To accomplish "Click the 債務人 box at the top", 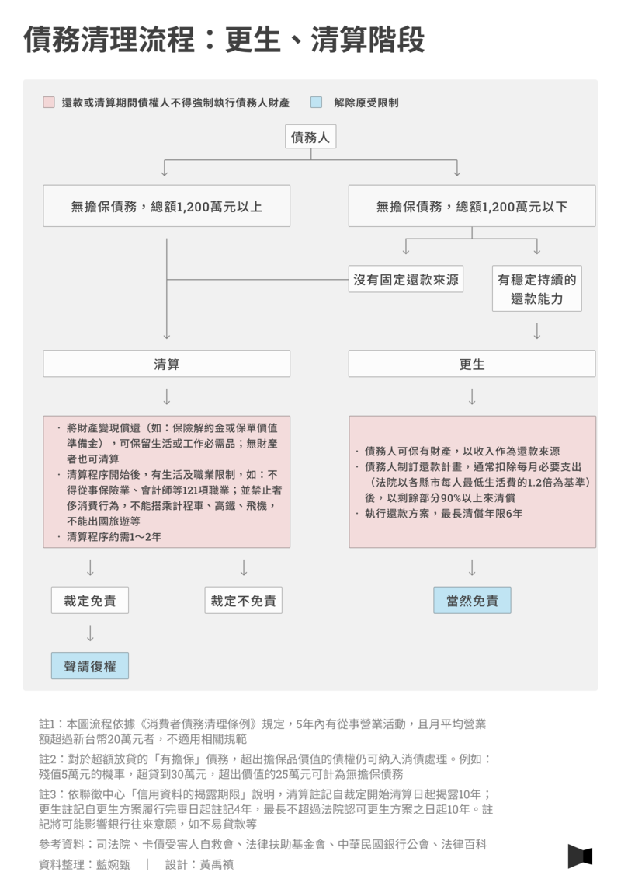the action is click(x=310, y=137).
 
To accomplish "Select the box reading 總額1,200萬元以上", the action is click(x=167, y=206).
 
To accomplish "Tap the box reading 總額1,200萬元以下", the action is click(x=472, y=206).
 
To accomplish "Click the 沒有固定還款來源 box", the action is click(x=406, y=279).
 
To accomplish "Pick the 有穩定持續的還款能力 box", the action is click(x=537, y=289).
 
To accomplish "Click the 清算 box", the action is click(x=167, y=364).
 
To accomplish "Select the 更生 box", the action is click(x=472, y=364).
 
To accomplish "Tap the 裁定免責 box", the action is click(x=90, y=600).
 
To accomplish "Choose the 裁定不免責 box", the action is click(x=243, y=600).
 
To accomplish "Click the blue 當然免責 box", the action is click(x=472, y=600).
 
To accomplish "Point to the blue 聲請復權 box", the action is click(x=90, y=665).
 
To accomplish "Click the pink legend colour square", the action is click(x=49, y=103).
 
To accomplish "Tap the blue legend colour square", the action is click(x=316, y=103).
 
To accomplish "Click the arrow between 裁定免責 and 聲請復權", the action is click(x=90, y=633).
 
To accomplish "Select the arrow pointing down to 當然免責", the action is click(x=472, y=567).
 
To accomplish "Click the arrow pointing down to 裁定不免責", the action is click(x=244, y=567).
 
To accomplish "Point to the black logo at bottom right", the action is click(x=580, y=856).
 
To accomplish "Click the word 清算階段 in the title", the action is click(x=367, y=40).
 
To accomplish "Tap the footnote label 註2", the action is click(x=47, y=759).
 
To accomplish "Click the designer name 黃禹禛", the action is click(x=217, y=864).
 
